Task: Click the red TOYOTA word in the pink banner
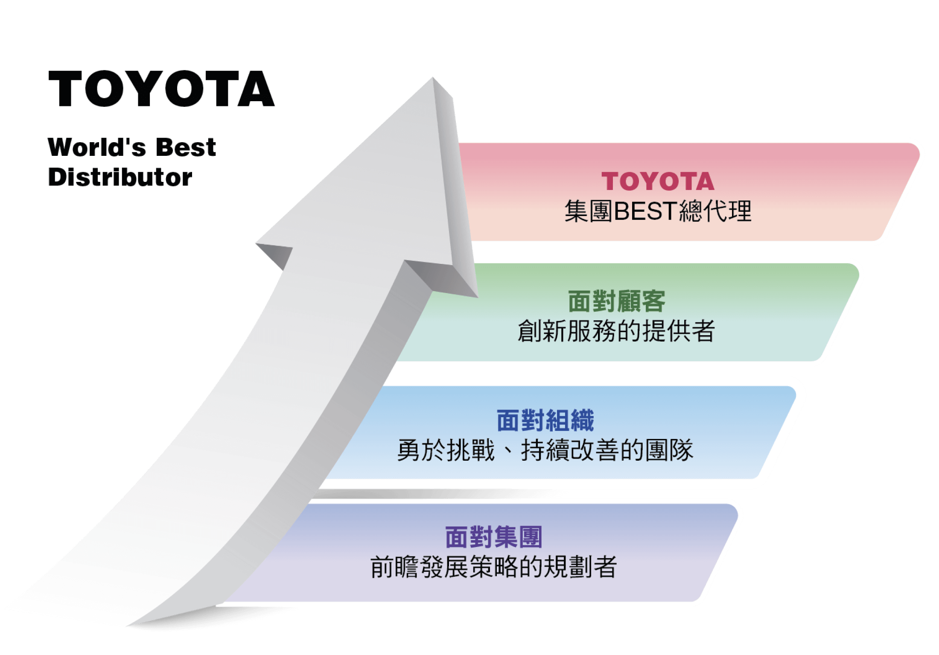pyautogui.click(x=657, y=181)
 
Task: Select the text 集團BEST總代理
pyautogui.click(x=657, y=211)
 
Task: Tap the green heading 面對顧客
pyautogui.click(x=616, y=301)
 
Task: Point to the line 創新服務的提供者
pyautogui.click(x=616, y=331)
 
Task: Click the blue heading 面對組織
pyautogui.click(x=545, y=421)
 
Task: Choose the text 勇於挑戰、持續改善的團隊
pyautogui.click(x=545, y=450)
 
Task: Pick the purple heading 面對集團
pyautogui.click(x=493, y=537)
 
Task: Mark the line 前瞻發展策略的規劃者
pyautogui.click(x=493, y=567)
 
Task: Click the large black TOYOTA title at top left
pyautogui.click(x=161, y=88)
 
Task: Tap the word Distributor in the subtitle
pyautogui.click(x=120, y=177)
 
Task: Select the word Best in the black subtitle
pyautogui.click(x=186, y=147)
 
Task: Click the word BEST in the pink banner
pyautogui.click(x=645, y=211)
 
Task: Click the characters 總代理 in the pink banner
pyautogui.click(x=715, y=211)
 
